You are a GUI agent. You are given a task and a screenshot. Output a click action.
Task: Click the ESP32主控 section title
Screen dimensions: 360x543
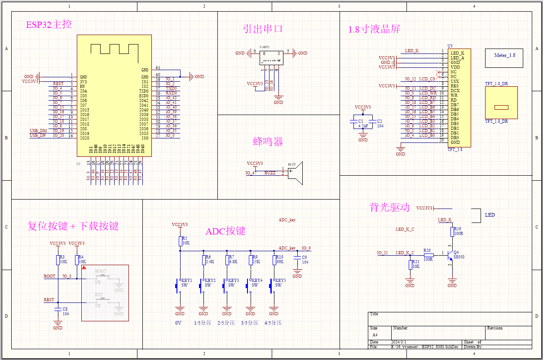tap(49, 25)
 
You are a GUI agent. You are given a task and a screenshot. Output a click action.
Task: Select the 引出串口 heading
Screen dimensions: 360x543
tap(263, 29)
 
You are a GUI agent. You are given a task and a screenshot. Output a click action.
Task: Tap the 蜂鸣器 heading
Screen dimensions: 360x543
tap(268, 142)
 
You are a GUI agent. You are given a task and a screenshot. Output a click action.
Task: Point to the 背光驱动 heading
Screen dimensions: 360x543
tap(389, 207)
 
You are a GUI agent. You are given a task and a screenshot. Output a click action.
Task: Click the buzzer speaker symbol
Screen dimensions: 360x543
tap(296, 173)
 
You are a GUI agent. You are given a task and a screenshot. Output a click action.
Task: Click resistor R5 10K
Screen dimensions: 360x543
tap(180, 241)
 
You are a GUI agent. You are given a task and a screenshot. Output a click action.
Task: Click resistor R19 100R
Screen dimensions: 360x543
tap(452, 232)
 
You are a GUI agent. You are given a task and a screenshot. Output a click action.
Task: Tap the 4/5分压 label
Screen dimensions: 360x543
tap(273, 323)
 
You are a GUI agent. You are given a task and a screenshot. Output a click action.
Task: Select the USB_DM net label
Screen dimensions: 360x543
tap(38, 130)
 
